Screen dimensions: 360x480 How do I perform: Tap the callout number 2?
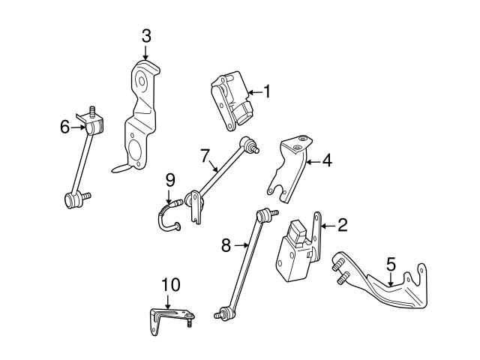[x=342, y=223]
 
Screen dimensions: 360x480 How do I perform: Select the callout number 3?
[x=146, y=34]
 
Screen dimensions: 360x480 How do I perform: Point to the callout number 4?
[x=327, y=160]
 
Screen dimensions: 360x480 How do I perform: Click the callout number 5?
[x=391, y=264]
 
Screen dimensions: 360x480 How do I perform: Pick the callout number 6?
[x=65, y=127]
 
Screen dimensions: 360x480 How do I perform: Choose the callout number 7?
[x=204, y=155]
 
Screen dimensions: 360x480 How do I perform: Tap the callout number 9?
[x=170, y=179]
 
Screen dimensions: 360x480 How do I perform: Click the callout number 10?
[x=171, y=284]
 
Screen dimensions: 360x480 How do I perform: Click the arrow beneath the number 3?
[x=146, y=52]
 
